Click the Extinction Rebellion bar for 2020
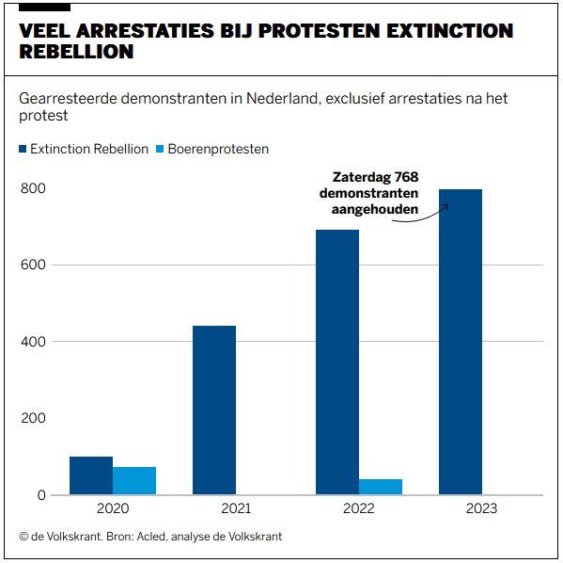point(91,475)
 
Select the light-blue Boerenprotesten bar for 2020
point(134,480)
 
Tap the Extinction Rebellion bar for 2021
point(214,410)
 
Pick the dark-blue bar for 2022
point(337,362)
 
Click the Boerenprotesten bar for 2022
point(381,487)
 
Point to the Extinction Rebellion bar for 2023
point(461,342)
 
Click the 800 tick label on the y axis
point(33,188)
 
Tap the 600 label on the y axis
point(33,265)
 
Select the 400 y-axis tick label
point(33,342)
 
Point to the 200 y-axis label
point(33,418)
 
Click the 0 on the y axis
point(41,495)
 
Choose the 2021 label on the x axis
point(236,508)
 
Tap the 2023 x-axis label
point(481,508)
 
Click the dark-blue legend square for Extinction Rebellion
point(23,149)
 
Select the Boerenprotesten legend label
point(218,149)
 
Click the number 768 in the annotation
point(406,177)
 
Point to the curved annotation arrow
point(422,217)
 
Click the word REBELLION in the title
point(76,52)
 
